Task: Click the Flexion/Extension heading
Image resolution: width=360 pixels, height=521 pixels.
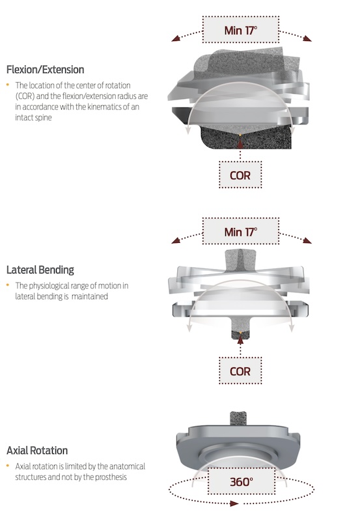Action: click(45, 70)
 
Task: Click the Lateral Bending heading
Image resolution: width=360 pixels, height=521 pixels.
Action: click(40, 270)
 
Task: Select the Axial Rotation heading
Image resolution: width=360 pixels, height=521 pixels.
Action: click(37, 451)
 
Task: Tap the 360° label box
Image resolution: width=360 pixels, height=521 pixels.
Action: click(242, 481)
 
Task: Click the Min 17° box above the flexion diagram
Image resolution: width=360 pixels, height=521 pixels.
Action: click(241, 29)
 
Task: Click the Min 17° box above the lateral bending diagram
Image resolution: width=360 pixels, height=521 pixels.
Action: click(241, 231)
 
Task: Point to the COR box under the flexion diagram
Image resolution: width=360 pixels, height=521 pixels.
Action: click(240, 175)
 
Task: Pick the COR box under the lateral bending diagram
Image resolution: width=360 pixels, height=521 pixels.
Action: click(240, 371)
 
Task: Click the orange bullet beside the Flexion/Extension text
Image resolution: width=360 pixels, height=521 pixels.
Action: click(8, 85)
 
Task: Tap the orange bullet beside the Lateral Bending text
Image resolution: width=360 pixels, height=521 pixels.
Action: click(8, 285)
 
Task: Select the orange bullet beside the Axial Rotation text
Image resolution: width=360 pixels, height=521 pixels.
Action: click(8, 466)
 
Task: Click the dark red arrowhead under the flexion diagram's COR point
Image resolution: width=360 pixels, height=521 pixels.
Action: click(240, 142)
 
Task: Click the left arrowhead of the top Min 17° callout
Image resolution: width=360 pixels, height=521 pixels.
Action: click(176, 38)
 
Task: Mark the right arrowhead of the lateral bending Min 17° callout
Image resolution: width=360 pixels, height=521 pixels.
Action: click(307, 240)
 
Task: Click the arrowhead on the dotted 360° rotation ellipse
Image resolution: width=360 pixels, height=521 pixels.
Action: click(234, 503)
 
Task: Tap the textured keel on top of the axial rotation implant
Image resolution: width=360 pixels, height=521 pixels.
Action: click(238, 419)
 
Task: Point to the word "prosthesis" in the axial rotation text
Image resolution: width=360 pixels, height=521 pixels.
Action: click(111, 477)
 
